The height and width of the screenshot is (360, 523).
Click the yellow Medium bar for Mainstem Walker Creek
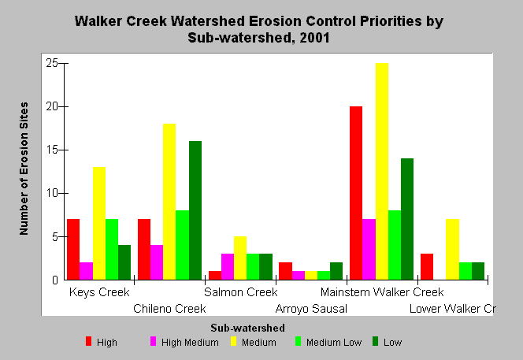[x=382, y=171]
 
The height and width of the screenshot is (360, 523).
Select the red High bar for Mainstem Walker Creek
[x=356, y=193]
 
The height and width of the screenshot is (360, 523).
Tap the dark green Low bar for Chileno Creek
[x=195, y=210]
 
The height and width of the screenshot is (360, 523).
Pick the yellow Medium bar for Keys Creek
[x=99, y=223]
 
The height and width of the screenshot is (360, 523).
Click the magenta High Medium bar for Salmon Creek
[x=228, y=266]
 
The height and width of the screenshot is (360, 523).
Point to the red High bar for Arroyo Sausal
[x=285, y=271]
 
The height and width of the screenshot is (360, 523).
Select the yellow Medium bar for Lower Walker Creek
[x=453, y=249]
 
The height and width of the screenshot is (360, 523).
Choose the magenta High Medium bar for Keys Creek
[x=86, y=271]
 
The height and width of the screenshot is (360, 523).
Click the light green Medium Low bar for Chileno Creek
[x=183, y=245]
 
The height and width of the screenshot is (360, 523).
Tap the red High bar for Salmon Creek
[x=215, y=275]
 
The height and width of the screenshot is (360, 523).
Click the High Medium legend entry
[x=184, y=342]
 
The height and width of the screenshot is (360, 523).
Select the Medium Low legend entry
[x=328, y=342]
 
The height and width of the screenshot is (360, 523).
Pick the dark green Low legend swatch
[x=375, y=341]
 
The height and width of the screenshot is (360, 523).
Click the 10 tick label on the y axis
[x=52, y=193]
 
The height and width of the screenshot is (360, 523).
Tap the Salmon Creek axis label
[x=241, y=292]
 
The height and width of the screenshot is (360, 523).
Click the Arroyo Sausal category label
[x=311, y=309]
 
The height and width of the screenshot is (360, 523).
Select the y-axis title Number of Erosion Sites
[x=24, y=169]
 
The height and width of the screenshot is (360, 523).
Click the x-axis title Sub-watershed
[x=247, y=328]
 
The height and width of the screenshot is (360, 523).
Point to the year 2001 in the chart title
[x=314, y=37]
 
